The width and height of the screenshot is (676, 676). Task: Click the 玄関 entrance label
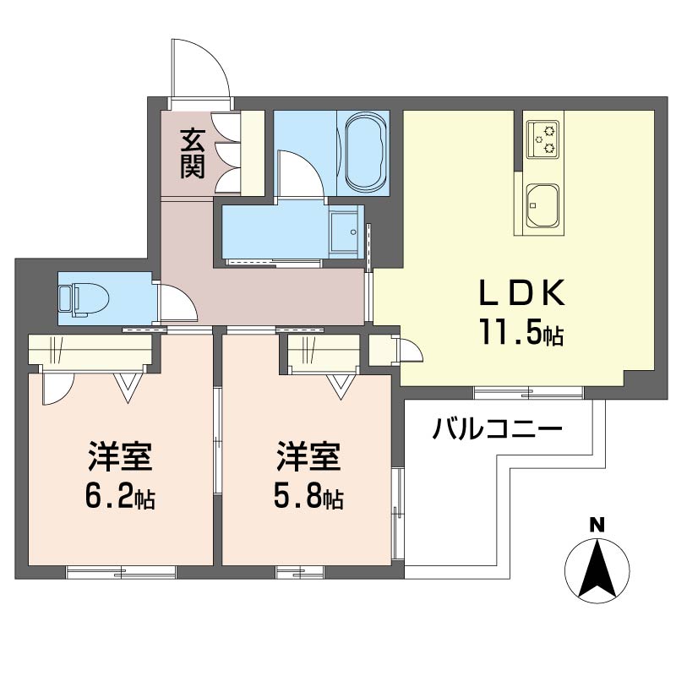click(x=192, y=152)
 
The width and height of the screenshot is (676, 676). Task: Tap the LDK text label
click(x=521, y=293)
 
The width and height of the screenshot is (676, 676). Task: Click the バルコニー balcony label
click(x=497, y=429)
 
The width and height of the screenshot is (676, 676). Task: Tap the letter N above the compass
click(x=597, y=525)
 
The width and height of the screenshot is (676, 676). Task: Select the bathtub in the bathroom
click(x=365, y=153)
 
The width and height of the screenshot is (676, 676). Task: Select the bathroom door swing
click(x=298, y=173)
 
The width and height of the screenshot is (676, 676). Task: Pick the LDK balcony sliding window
click(x=528, y=391)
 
